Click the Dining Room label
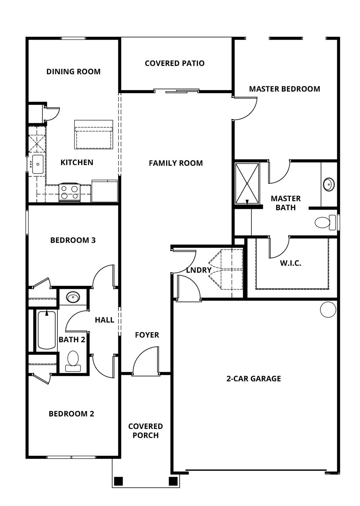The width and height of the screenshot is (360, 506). click(x=73, y=71)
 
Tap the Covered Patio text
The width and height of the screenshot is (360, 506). click(x=175, y=63)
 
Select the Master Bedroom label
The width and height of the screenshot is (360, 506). click(x=284, y=89)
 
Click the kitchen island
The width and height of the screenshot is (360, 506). click(x=94, y=134)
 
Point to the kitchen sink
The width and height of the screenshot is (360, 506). click(x=37, y=164)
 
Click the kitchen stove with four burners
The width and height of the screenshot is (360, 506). click(x=69, y=193)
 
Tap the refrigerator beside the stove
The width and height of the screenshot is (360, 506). click(x=104, y=191)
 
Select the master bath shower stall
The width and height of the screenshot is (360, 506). click(x=247, y=183)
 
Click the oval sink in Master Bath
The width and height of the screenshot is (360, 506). click(x=328, y=184)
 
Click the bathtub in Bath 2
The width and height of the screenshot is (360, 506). click(x=46, y=330)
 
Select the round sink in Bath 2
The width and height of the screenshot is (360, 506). click(x=73, y=297)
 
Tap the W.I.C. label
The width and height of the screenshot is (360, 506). click(x=291, y=263)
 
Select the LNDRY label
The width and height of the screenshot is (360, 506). click(x=199, y=270)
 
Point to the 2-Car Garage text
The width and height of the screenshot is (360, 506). click(x=254, y=379)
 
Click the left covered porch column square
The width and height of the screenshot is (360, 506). click(x=119, y=481)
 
